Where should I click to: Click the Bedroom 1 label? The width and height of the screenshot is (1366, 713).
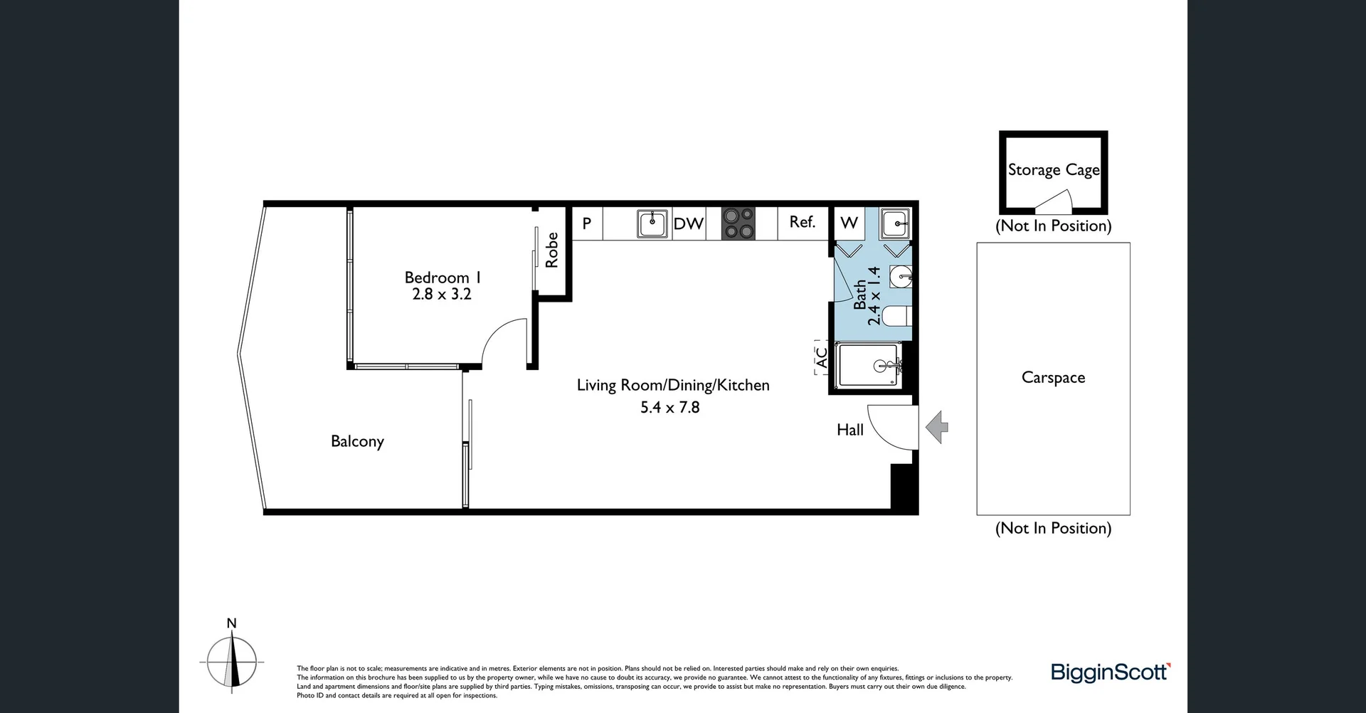(442, 278)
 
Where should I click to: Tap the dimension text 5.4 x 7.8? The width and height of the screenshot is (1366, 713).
(669, 408)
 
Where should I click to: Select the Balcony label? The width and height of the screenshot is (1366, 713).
(357, 441)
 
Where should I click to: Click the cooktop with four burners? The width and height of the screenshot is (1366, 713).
(738, 223)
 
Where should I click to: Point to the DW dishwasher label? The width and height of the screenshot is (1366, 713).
(688, 224)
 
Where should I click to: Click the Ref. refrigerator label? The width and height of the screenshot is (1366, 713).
(802, 222)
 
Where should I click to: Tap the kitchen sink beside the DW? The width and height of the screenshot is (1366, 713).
(652, 223)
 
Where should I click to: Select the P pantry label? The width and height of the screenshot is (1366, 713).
(587, 223)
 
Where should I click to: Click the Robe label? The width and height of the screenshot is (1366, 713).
(552, 250)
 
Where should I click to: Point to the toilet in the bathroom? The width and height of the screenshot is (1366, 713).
(898, 315)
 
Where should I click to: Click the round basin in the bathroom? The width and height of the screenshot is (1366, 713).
(901, 276)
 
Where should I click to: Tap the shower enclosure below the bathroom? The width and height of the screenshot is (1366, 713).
(869, 366)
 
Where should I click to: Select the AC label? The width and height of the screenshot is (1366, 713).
(822, 357)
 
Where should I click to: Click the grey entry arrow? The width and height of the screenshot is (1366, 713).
(937, 428)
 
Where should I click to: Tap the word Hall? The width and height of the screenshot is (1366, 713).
(850, 430)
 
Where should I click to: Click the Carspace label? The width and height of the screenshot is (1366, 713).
(1053, 378)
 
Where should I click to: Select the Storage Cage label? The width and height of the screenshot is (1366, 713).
(1053, 170)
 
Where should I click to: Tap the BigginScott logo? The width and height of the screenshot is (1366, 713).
(1110, 672)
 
